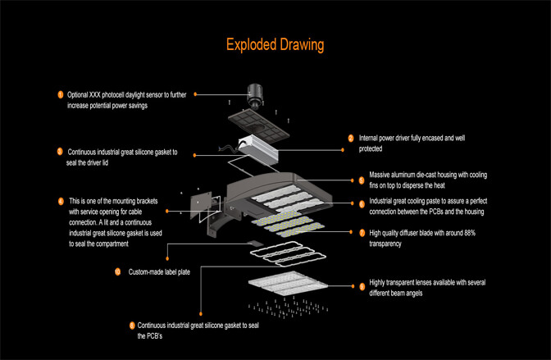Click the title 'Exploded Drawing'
coord(275,43)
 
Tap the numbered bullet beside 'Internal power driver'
coord(351,139)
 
